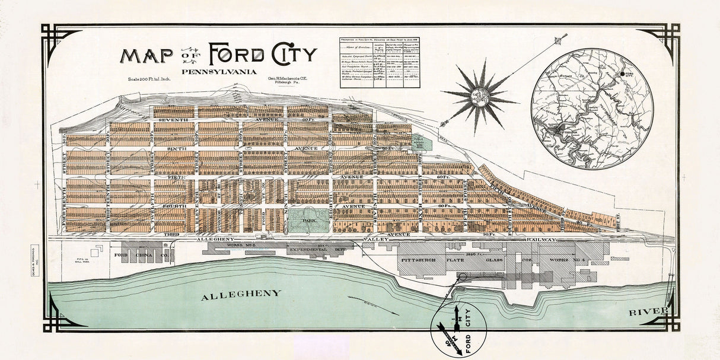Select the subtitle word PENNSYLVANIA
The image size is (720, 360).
point(219,72)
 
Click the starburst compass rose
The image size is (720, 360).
point(480,95)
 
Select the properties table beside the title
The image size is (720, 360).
point(380,62)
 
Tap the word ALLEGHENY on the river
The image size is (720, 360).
point(241,294)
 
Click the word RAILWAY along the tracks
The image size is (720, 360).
point(542,240)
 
